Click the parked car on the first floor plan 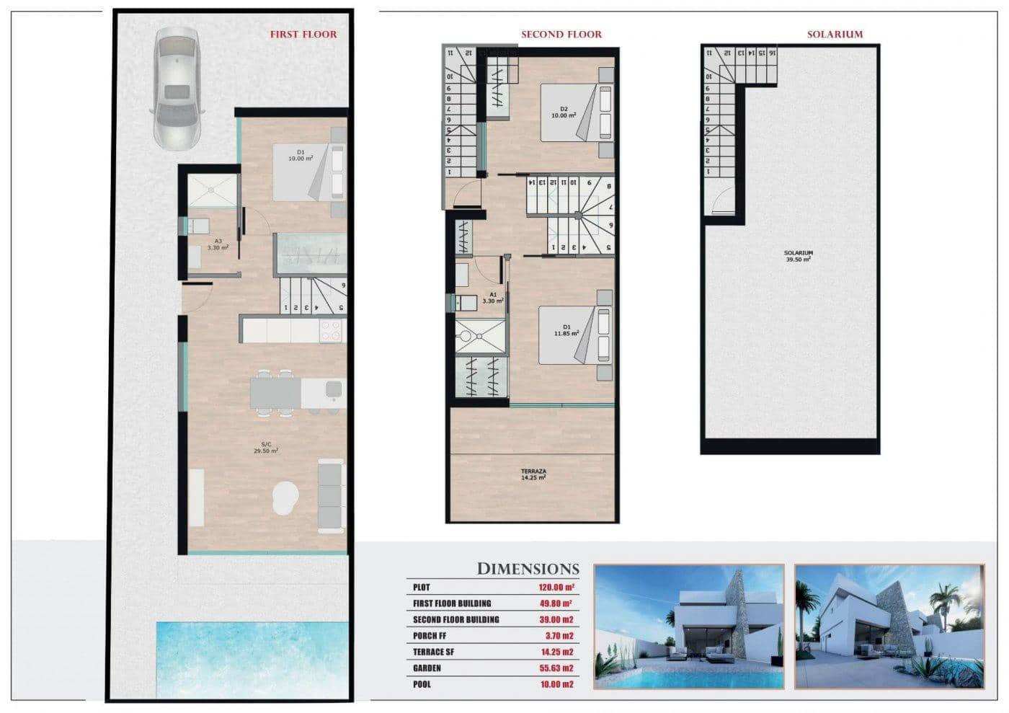click(x=175, y=88)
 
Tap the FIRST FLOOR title click(x=303, y=34)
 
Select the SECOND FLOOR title click(x=561, y=34)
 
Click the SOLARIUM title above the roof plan click(x=834, y=34)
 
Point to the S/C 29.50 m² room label click(x=266, y=448)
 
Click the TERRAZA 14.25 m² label click(x=533, y=474)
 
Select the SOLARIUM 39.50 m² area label click(x=798, y=256)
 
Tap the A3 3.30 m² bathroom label click(x=218, y=244)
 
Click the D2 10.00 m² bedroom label click(x=564, y=112)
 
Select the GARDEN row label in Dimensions click(x=427, y=668)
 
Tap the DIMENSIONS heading click(x=528, y=569)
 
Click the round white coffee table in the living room click(x=286, y=498)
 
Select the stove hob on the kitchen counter click(x=331, y=331)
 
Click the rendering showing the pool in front click(x=688, y=626)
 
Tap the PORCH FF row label click(x=430, y=636)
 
